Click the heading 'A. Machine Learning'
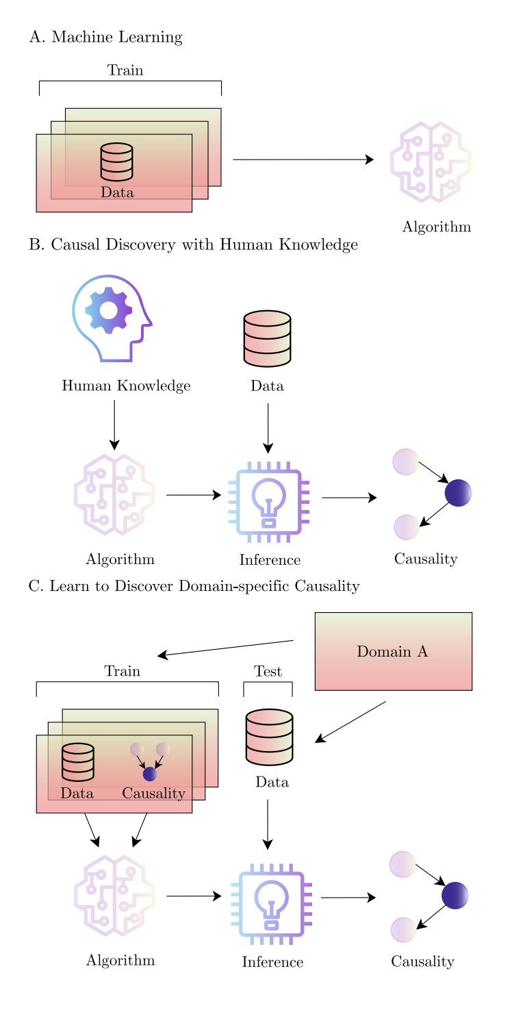tap(105, 38)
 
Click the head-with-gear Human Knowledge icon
tap(112, 318)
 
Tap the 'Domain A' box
tap(393, 651)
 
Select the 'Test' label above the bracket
tap(268, 672)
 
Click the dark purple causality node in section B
tap(458, 492)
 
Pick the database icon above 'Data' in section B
tap(268, 338)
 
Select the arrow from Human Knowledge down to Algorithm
tap(114, 424)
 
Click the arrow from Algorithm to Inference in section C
tap(194, 896)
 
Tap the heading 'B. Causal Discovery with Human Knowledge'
tap(193, 245)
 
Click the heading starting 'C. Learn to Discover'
tap(194, 587)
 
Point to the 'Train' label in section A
tap(125, 71)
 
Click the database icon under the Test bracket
tap(269, 737)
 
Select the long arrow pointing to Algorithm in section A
tap(303, 160)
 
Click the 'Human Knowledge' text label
tap(126, 386)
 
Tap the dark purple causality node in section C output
tap(455, 895)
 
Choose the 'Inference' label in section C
tap(272, 962)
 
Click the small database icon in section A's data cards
tap(116, 162)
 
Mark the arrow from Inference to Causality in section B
tap(349, 498)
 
